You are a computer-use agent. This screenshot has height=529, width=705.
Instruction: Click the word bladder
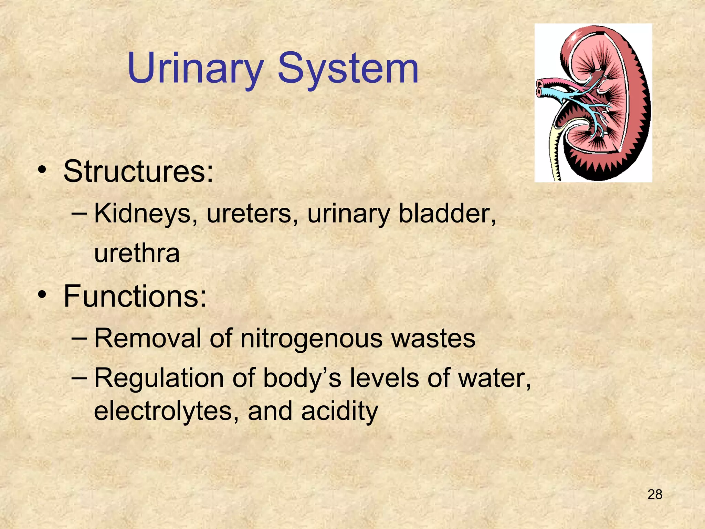447,214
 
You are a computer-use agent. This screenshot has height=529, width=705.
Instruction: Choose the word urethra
137,253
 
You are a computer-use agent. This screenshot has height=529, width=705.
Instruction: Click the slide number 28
655,495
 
